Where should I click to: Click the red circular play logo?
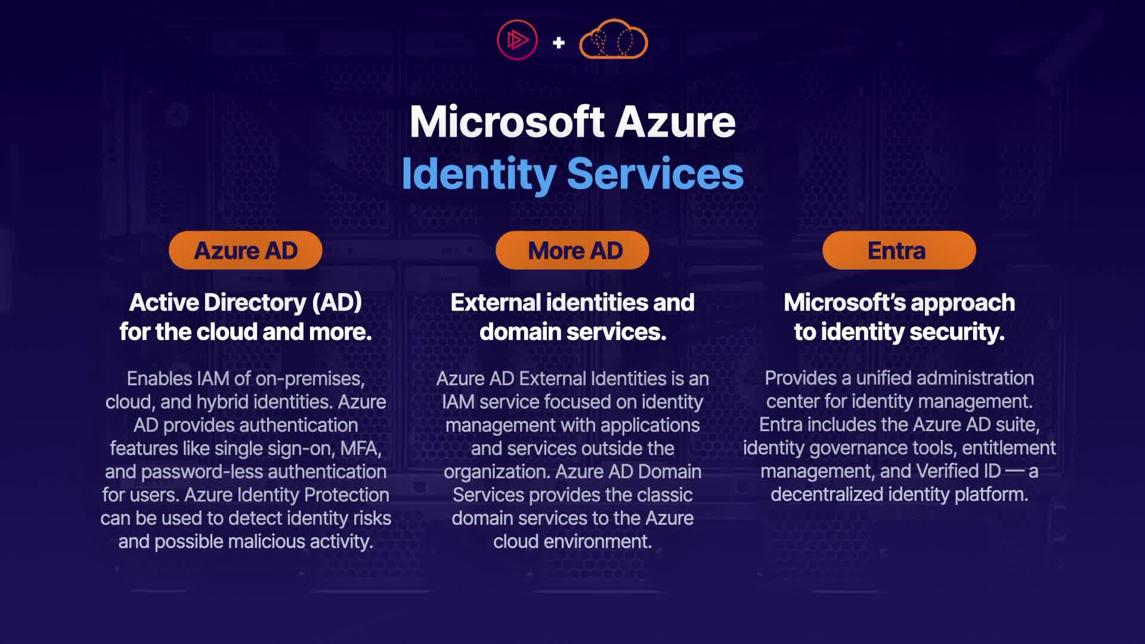(x=517, y=40)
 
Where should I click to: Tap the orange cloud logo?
(x=613, y=40)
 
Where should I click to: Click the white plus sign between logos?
(x=559, y=43)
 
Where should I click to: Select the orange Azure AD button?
(x=246, y=250)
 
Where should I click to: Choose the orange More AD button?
(x=572, y=250)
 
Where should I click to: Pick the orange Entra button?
(x=899, y=250)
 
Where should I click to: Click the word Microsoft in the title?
(x=507, y=122)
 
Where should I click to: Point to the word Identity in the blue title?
(x=478, y=174)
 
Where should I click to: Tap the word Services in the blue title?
(x=655, y=174)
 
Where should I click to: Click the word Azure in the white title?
(x=675, y=122)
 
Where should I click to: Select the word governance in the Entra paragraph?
(x=852, y=448)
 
